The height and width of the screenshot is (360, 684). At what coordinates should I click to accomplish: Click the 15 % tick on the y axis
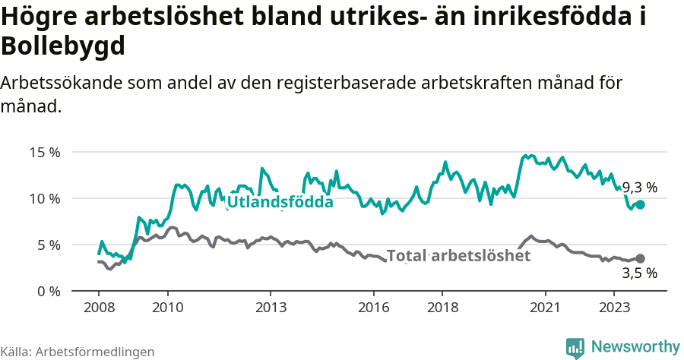pos(45,152)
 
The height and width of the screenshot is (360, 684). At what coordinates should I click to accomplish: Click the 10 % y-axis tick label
pos(45,198)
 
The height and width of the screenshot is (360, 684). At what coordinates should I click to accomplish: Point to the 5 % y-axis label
pos(48,245)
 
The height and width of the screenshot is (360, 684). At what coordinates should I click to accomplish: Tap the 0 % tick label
pos(48,291)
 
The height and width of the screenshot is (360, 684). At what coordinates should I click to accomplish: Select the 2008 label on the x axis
pos(99,308)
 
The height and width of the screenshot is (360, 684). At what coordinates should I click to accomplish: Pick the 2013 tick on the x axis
pos(271,308)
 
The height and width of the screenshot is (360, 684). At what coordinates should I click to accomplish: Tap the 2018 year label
pos(442,308)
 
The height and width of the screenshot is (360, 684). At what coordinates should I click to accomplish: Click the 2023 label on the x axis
pos(614,308)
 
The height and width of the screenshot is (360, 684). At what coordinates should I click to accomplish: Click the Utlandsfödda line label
pos(280,202)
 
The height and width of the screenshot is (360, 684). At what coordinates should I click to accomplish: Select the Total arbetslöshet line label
pos(458,256)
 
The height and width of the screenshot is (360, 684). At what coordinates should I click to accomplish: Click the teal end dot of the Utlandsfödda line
pos(640,204)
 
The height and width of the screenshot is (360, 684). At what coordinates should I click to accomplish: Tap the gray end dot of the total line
pos(640,258)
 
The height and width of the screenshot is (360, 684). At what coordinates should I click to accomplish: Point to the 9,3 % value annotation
pos(640,187)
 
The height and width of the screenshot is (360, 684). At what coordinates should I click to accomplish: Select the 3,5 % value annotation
pos(640,273)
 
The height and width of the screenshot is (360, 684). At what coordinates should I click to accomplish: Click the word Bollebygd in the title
pos(63,47)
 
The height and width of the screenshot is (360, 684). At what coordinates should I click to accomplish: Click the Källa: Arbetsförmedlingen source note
pos(78,352)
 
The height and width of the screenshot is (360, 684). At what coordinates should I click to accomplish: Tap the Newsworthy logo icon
pos(575,347)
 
